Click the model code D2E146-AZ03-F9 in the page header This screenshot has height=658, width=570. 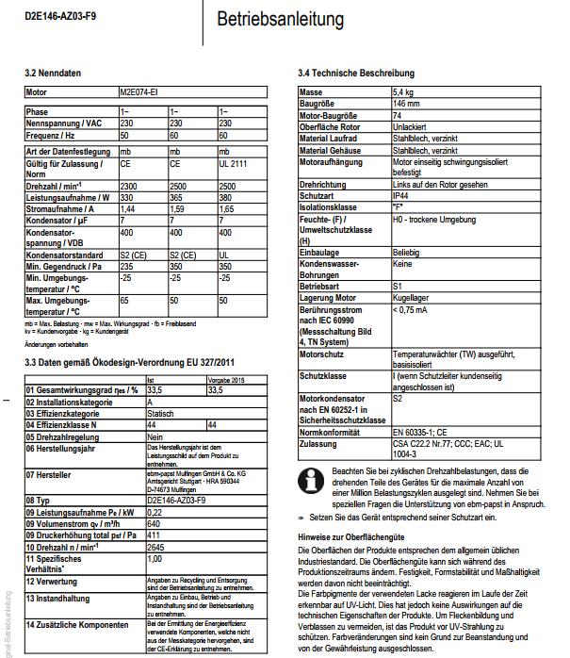tap(58, 16)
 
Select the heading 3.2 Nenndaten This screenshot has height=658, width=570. tap(54, 72)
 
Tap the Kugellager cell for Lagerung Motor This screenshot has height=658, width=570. tap(411, 297)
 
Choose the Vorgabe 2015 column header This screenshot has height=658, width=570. tap(223, 379)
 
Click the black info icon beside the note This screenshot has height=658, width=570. tap(307, 476)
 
